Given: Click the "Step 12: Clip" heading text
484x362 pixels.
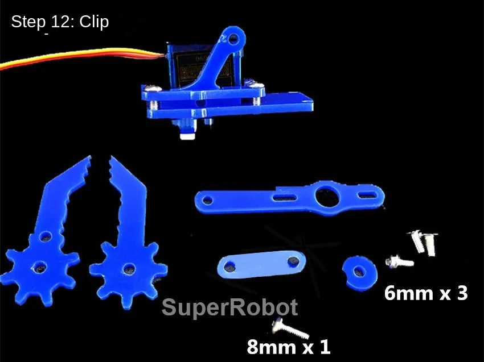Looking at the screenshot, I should click(60, 22).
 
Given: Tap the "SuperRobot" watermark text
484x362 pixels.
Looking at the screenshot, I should click(229, 308).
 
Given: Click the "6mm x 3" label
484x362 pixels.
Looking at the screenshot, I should click(426, 293).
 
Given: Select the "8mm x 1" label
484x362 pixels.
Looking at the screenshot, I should click(288, 346).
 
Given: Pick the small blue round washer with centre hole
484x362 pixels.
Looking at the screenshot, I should click(359, 270).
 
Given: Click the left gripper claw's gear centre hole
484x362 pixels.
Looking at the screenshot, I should click(39, 267).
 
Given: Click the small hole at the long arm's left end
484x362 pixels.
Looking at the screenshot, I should click(206, 199).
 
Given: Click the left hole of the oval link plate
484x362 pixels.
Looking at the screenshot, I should click(230, 265).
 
